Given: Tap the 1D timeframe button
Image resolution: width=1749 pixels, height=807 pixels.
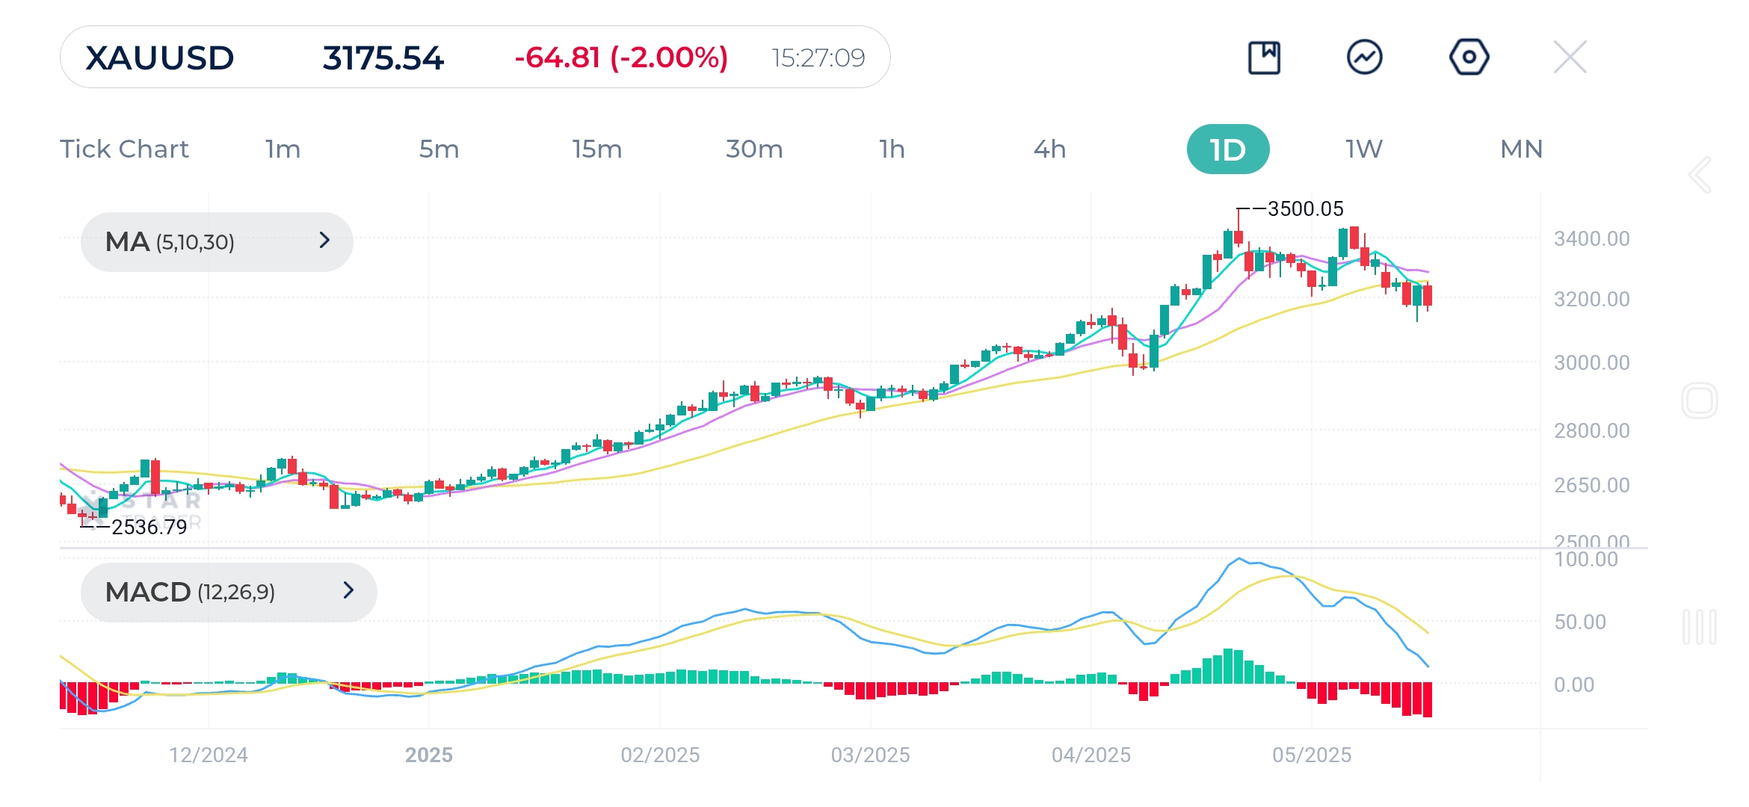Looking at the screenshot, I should [1227, 149].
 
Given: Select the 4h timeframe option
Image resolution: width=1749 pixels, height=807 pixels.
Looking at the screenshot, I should [1049, 149].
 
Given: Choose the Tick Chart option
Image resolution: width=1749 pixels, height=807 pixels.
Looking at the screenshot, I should [124, 149].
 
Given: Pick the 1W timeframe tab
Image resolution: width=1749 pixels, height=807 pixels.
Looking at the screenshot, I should [1364, 149].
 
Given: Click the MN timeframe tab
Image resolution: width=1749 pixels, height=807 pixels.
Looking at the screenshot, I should [1521, 149].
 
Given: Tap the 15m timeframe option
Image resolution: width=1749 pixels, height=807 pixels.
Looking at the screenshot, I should [596, 149].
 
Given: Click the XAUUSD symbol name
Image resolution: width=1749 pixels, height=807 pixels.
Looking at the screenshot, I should [159, 58].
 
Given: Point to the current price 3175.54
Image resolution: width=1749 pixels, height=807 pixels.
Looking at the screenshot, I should [383, 58].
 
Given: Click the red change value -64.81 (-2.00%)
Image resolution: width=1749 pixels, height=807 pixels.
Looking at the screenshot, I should [620, 58].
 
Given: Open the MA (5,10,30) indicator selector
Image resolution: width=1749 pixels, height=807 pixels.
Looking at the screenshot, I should [217, 241].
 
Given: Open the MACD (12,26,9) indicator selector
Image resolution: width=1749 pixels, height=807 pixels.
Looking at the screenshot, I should [228, 592].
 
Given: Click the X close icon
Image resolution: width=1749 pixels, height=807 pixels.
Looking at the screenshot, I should [1570, 57].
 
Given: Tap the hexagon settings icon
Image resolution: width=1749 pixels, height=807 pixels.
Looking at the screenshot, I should [1469, 57].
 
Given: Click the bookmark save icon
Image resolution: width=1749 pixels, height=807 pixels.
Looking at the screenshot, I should [1264, 57].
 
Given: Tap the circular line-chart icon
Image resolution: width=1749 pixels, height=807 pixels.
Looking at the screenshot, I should [1364, 57].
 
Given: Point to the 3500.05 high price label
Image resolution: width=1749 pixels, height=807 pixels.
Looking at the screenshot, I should [1305, 208].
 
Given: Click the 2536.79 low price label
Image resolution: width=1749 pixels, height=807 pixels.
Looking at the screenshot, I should [149, 527].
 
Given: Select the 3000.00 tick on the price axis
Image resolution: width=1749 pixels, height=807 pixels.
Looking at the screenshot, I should [1591, 362].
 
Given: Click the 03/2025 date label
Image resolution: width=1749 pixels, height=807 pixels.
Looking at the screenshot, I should [870, 755].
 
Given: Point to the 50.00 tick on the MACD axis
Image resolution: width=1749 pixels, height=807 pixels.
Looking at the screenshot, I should [1579, 622].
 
